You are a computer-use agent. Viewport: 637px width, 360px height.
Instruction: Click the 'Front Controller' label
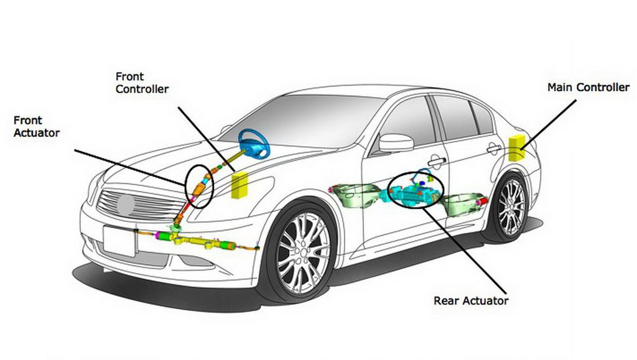(142, 83)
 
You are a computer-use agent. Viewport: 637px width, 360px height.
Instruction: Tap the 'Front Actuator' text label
(36, 126)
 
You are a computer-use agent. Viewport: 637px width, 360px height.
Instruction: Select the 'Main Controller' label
(588, 88)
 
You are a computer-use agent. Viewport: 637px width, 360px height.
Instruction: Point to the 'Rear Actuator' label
(471, 301)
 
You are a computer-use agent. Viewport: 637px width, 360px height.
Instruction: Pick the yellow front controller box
(239, 186)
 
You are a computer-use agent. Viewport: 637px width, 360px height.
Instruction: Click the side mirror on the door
(396, 142)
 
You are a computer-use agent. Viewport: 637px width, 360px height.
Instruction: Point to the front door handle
(437, 161)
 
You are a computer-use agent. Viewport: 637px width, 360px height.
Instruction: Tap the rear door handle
(495, 149)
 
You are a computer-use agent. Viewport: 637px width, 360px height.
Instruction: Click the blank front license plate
(119, 241)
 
